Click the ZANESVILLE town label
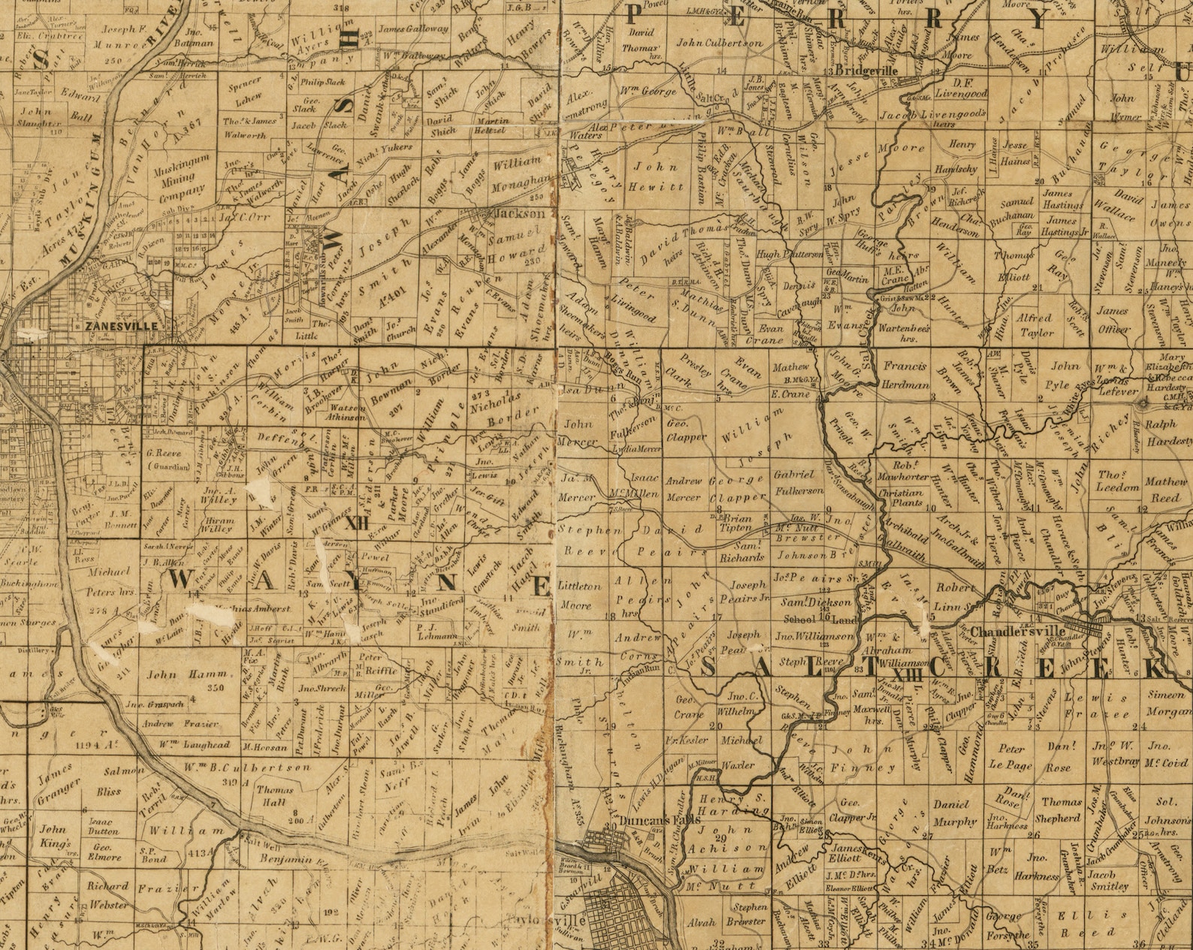pyautogui.click(x=121, y=327)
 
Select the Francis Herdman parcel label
pyautogui.click(x=908, y=374)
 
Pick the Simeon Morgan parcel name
pyautogui.click(x=1165, y=702)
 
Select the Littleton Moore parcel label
pyautogui.click(x=580, y=595)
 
